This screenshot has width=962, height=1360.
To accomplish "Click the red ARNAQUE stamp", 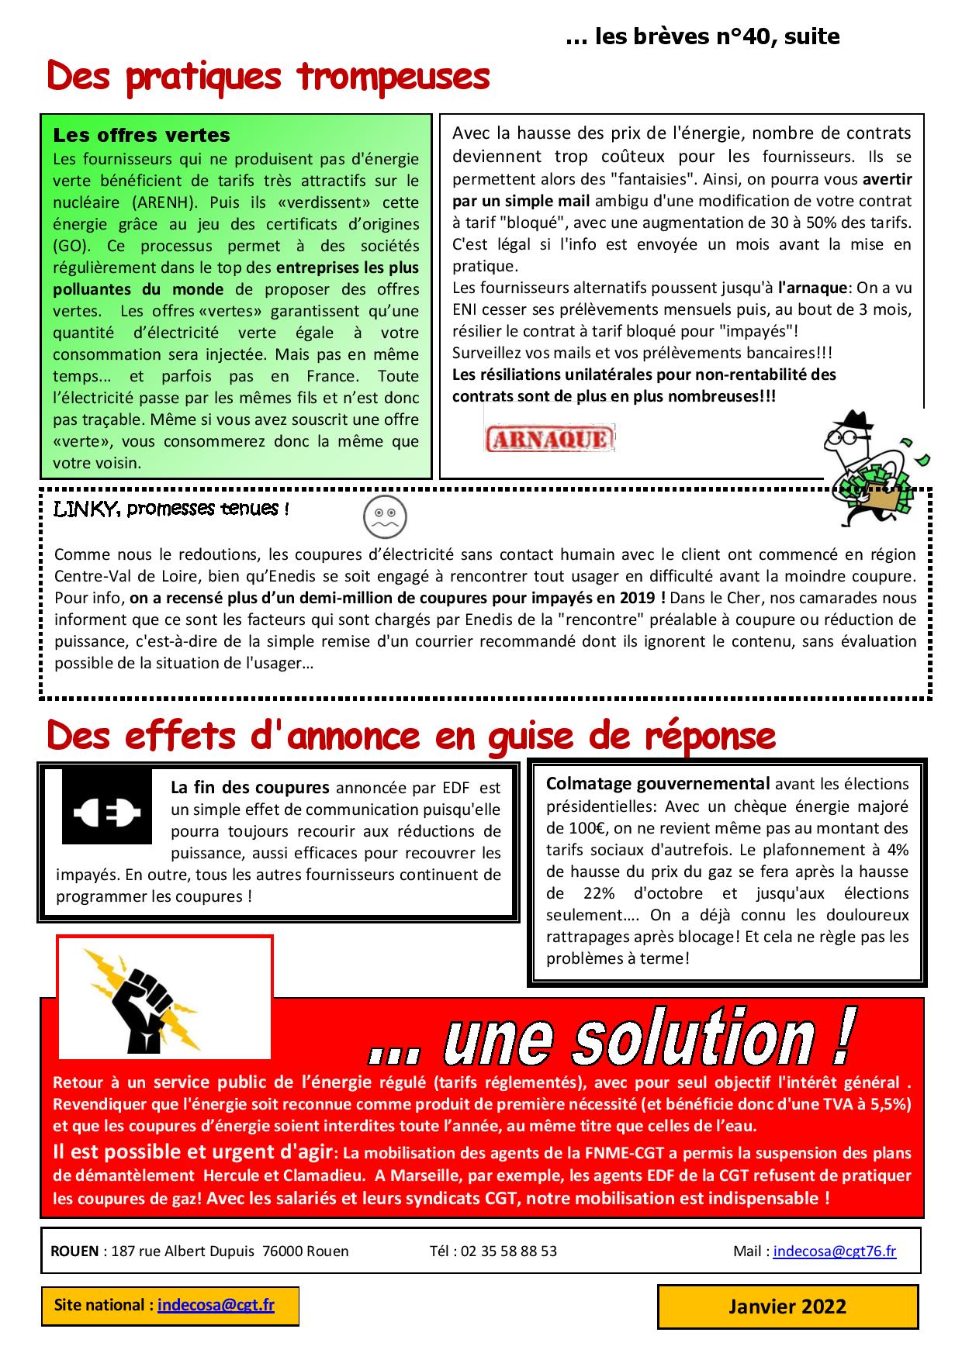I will [x=549, y=439].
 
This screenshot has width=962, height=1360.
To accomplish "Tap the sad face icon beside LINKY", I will [x=385, y=516].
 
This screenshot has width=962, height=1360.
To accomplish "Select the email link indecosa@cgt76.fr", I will [x=834, y=1251].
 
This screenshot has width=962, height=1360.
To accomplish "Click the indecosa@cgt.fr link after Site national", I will [x=216, y=1305].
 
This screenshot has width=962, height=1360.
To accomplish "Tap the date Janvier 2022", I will [x=787, y=1306].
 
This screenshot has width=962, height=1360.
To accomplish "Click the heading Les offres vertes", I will [x=141, y=135].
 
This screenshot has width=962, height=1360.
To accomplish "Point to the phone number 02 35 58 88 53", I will [x=508, y=1251].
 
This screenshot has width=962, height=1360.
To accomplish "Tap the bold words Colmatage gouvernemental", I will [x=658, y=783].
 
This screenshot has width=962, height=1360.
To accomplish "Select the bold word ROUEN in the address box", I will [x=74, y=1251].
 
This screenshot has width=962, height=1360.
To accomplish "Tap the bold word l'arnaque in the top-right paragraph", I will [x=812, y=288].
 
